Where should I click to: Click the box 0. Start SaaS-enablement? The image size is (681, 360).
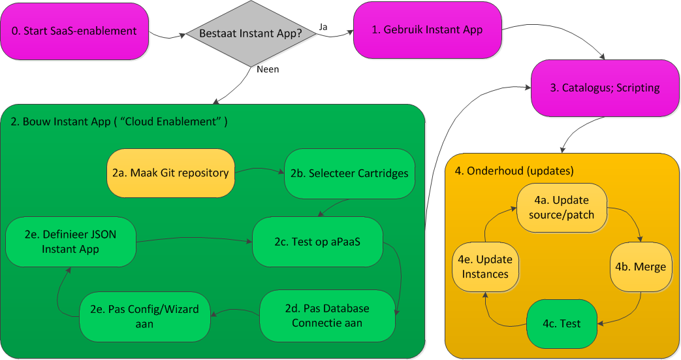74,31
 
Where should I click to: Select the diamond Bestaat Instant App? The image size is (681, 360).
250,33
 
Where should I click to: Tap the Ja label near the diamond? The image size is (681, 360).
323,27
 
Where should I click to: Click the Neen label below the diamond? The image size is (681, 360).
268,69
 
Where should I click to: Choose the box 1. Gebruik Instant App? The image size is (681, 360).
427,30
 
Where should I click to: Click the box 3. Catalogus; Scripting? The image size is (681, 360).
605,88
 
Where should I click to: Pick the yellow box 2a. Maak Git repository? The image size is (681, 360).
170,173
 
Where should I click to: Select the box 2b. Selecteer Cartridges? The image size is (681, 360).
349,173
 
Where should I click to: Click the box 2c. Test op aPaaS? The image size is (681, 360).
318,242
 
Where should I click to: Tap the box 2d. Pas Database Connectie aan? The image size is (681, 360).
327,316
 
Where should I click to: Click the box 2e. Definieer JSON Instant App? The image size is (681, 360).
70,242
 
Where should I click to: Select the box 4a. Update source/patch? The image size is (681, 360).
562,207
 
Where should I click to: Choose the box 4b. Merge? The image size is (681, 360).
641,267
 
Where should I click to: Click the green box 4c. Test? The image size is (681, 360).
562,323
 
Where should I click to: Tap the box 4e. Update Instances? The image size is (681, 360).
485,267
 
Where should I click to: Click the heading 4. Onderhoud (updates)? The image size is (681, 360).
514,171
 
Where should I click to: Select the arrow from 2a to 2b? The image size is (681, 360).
259,171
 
